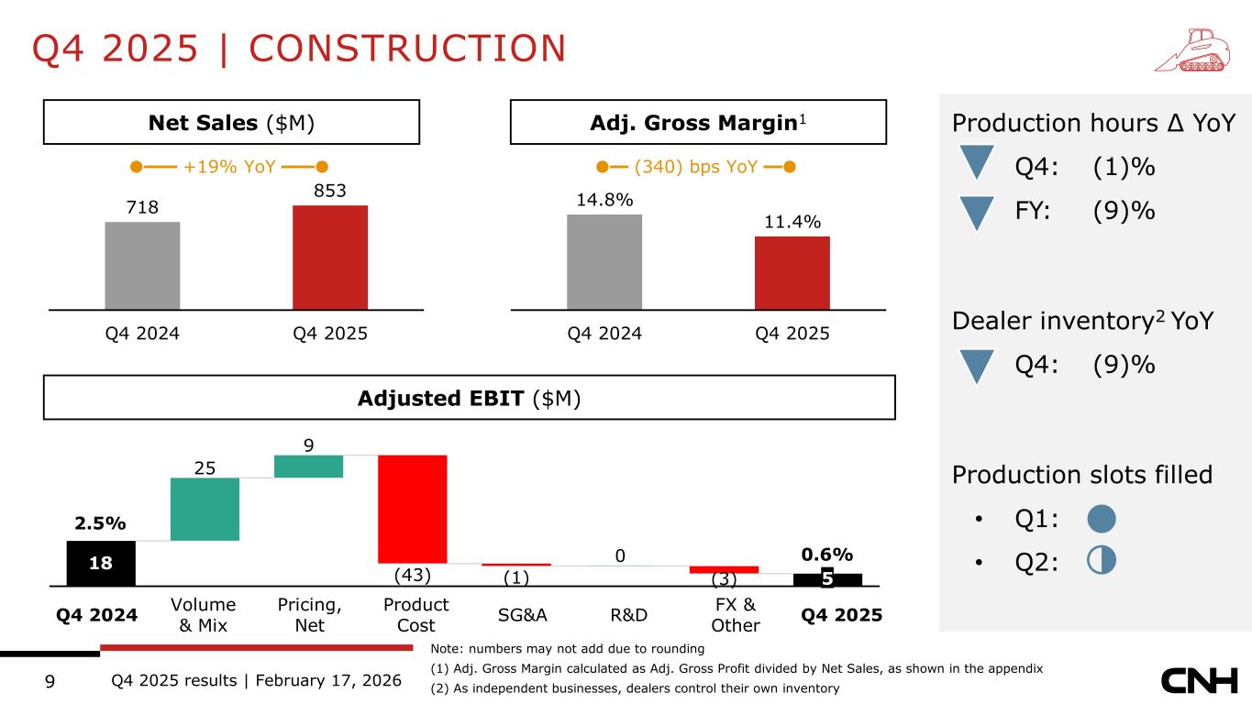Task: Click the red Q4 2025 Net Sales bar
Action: coord(330,257)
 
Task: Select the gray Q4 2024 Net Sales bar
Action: coord(142,265)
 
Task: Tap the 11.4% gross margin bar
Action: coord(792,272)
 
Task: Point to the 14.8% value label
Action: coord(604,200)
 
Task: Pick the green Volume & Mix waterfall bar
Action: coord(205,509)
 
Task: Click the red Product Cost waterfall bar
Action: coord(412,509)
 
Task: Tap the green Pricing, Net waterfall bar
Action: coord(308,466)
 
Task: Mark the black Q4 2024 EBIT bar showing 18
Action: coord(101,563)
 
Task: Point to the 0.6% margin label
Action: coord(827,555)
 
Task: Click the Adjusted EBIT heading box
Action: coord(469,398)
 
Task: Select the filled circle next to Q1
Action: coord(1101,519)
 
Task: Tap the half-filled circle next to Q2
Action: coord(1101,561)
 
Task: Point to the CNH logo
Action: coord(1199,681)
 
